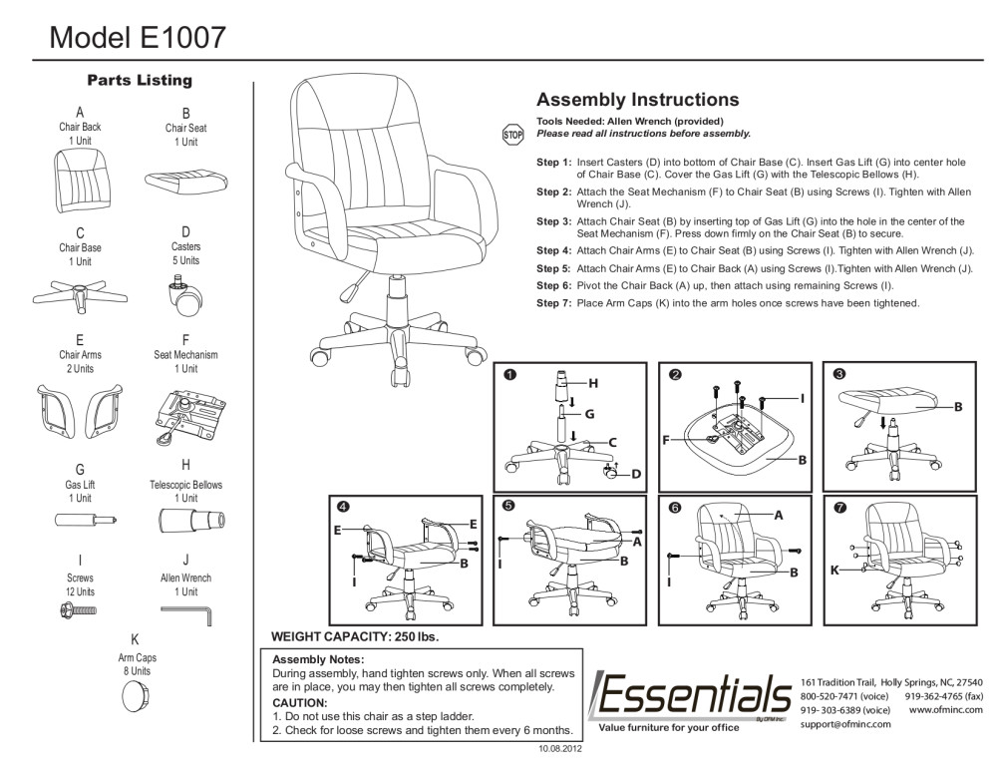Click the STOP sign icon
point(512,134)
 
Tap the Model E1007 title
point(138,37)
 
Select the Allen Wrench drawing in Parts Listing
point(186,612)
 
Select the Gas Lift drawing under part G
point(82,520)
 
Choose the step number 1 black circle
point(509,375)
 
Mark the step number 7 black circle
point(840,508)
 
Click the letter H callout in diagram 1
point(592,383)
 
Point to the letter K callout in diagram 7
point(834,571)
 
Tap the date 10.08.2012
point(558,747)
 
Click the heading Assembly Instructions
point(637,100)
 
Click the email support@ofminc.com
point(845,723)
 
